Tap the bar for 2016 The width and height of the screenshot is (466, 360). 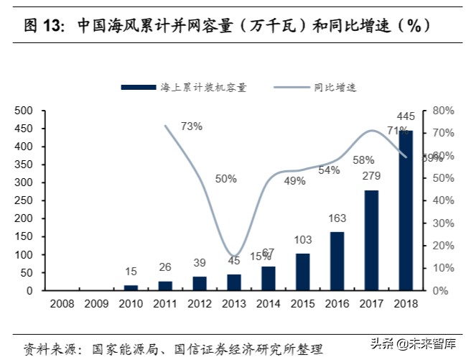[337, 261]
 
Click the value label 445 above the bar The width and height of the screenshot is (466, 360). [406, 116]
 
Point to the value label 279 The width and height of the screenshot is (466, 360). [371, 176]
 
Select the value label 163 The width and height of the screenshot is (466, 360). [337, 218]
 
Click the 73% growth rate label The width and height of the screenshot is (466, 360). [191, 126]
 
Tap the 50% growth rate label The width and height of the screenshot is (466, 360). [225, 178]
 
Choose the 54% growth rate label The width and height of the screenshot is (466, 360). [329, 170]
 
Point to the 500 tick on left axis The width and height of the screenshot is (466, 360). [24, 111]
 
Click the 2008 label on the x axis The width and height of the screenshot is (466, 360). [62, 304]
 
